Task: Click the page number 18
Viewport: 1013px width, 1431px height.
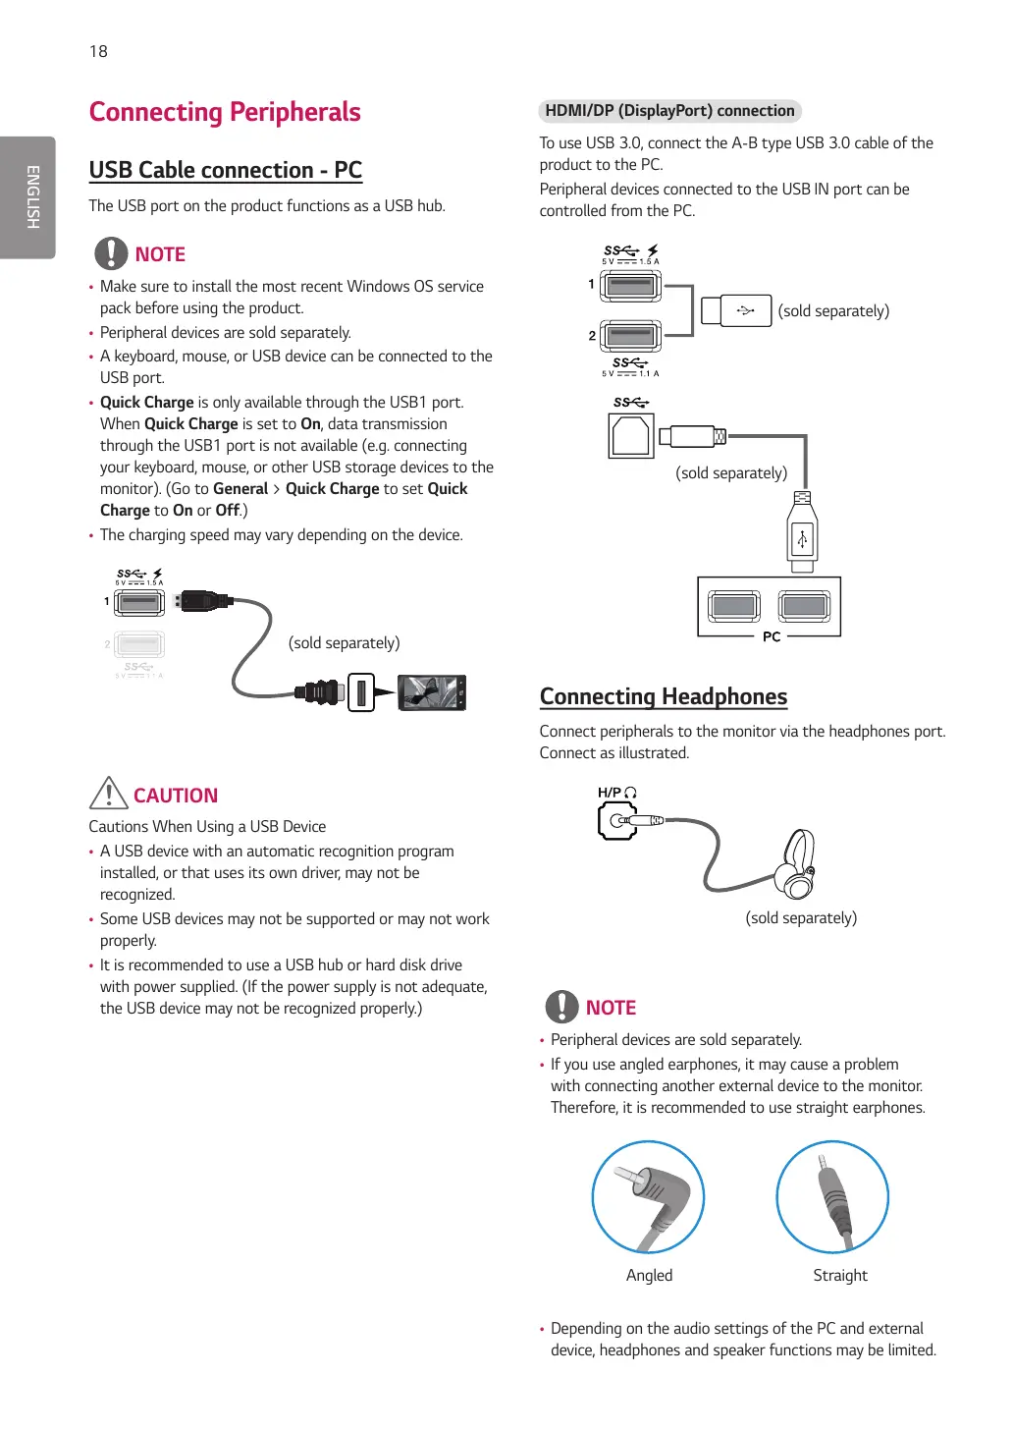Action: point(98,51)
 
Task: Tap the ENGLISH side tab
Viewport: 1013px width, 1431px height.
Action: point(31,196)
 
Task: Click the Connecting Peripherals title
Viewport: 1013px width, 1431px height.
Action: point(225,112)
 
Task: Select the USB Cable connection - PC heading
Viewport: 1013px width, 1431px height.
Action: point(226,170)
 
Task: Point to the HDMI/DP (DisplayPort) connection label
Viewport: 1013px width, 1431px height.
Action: point(669,111)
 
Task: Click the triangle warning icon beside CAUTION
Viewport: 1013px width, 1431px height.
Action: point(108,794)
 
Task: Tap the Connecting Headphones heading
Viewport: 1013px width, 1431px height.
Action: point(664,696)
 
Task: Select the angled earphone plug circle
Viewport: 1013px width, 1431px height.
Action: point(648,1196)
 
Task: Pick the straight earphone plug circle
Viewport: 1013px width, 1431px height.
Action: point(832,1196)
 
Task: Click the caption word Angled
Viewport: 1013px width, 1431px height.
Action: point(649,1275)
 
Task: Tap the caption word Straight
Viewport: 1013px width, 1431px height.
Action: point(840,1275)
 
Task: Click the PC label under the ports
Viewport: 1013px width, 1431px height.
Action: point(772,636)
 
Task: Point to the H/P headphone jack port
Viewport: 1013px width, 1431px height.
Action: point(617,820)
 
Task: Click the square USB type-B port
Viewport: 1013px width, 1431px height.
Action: point(630,436)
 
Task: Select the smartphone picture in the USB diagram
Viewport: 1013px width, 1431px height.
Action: point(432,692)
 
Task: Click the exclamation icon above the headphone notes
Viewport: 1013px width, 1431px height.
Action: point(561,1007)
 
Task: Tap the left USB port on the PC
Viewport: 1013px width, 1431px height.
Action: point(734,606)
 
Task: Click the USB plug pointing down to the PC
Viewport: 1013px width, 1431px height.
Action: point(802,536)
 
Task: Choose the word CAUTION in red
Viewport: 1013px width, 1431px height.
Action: point(176,796)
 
